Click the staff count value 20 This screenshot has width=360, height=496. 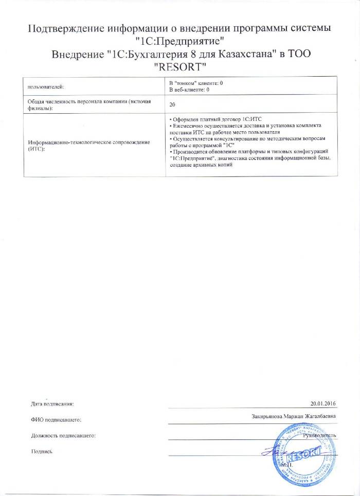[x=172, y=104]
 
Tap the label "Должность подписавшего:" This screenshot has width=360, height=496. [x=63, y=436]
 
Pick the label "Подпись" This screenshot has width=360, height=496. [x=42, y=451]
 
